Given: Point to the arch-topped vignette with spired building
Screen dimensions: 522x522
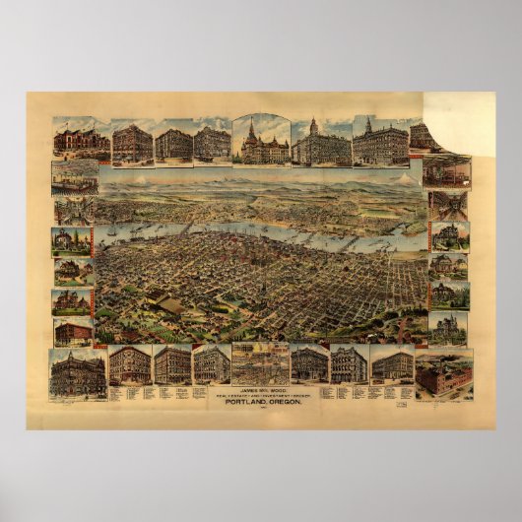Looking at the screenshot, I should (x=260, y=140).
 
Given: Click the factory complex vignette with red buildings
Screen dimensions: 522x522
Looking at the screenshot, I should (x=443, y=373).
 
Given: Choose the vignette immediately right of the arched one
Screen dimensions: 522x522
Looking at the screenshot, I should (x=321, y=144).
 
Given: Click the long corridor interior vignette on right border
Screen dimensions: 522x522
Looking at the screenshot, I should (x=449, y=205).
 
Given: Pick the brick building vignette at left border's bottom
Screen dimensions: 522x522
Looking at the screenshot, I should (x=74, y=332).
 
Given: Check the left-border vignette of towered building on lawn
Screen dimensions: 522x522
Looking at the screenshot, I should (x=73, y=241).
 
